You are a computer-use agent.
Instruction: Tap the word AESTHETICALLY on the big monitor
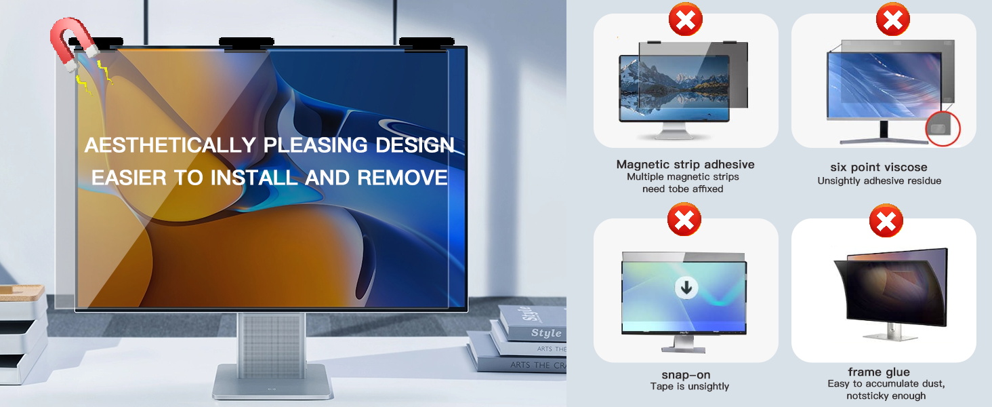tap(169, 145)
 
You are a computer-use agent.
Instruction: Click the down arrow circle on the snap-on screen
tap(686, 288)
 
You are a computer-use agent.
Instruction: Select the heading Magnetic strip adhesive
tap(685, 164)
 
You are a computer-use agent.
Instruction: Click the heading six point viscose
tap(879, 167)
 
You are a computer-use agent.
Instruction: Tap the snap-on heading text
tap(685, 374)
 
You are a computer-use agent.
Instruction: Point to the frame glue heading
tap(879, 372)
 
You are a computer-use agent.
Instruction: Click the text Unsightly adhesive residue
tap(879, 181)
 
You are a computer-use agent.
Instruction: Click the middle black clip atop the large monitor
tap(246, 43)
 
